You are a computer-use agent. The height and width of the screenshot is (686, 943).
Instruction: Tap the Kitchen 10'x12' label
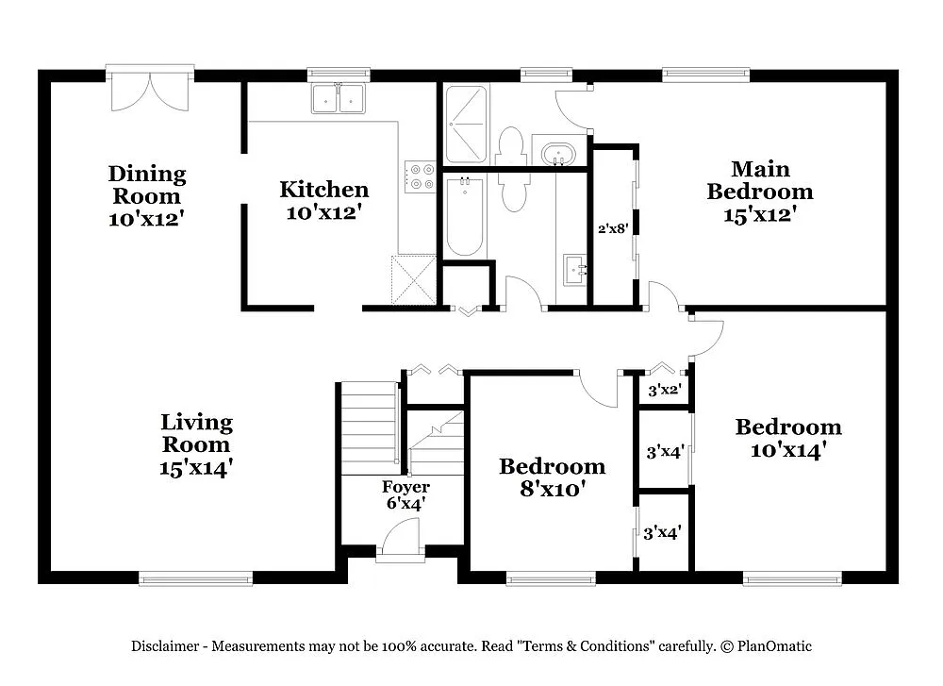pos(323,201)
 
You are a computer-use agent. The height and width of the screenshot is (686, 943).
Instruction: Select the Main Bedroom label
pos(760,191)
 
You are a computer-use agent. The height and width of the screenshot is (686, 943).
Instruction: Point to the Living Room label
pos(196,443)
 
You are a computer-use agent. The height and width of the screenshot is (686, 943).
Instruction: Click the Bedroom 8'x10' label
pos(552,477)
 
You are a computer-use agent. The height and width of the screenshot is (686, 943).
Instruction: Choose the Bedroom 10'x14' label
pos(788,438)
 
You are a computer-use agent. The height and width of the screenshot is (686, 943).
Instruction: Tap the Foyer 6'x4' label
pos(405,495)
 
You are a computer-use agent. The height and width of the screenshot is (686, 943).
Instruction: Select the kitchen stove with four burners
pos(420,176)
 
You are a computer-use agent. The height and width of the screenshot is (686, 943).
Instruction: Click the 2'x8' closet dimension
pos(613,227)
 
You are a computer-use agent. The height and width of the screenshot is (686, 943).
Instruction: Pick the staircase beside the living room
pos(369,429)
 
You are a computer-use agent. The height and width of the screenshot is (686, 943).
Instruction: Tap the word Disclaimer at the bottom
pos(164,646)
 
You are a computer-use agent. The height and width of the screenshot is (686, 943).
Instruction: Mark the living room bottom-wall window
pos(196,577)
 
